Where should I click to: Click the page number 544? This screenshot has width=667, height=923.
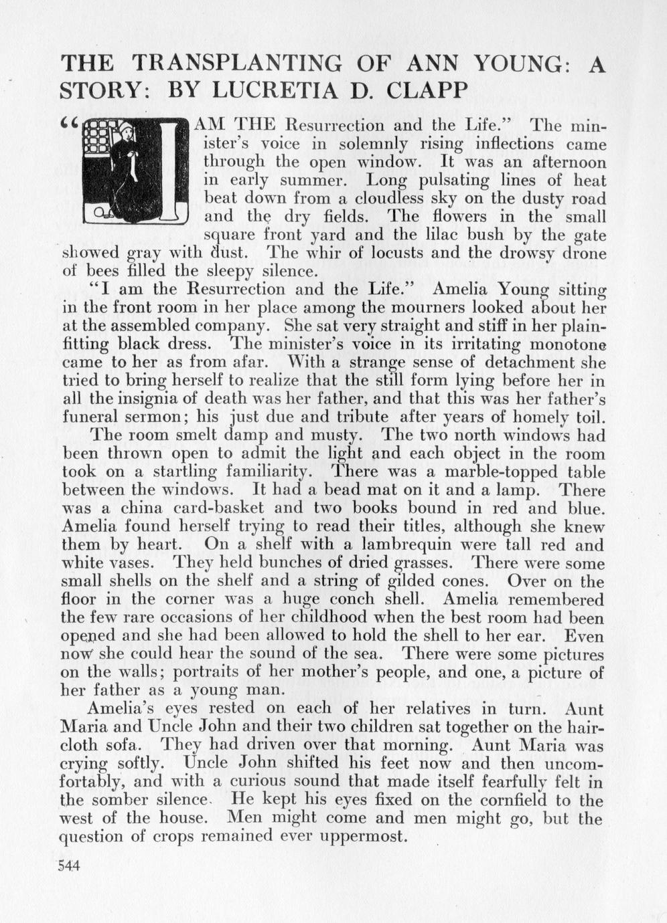tap(68, 865)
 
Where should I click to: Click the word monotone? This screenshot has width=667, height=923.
tap(568, 345)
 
